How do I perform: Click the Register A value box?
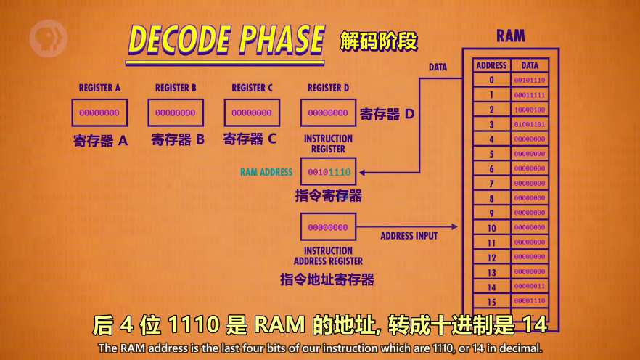click(x=99, y=112)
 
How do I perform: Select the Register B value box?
click(x=176, y=112)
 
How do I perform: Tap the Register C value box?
click(x=252, y=112)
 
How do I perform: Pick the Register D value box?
click(x=328, y=112)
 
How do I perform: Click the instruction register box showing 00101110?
click(x=328, y=172)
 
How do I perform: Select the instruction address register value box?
click(x=328, y=227)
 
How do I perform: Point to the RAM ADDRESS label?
click(x=266, y=172)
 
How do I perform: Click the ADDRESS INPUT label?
click(x=409, y=236)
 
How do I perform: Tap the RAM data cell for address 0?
click(x=529, y=81)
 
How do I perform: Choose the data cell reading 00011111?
click(x=529, y=95)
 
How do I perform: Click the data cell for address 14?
click(x=529, y=287)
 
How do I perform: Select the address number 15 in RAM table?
click(x=491, y=301)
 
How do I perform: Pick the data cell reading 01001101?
click(x=529, y=125)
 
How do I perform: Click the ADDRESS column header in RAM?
click(x=491, y=65)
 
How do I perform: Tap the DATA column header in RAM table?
click(x=529, y=65)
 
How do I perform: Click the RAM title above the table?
click(x=511, y=36)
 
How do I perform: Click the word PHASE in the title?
click(x=282, y=40)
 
